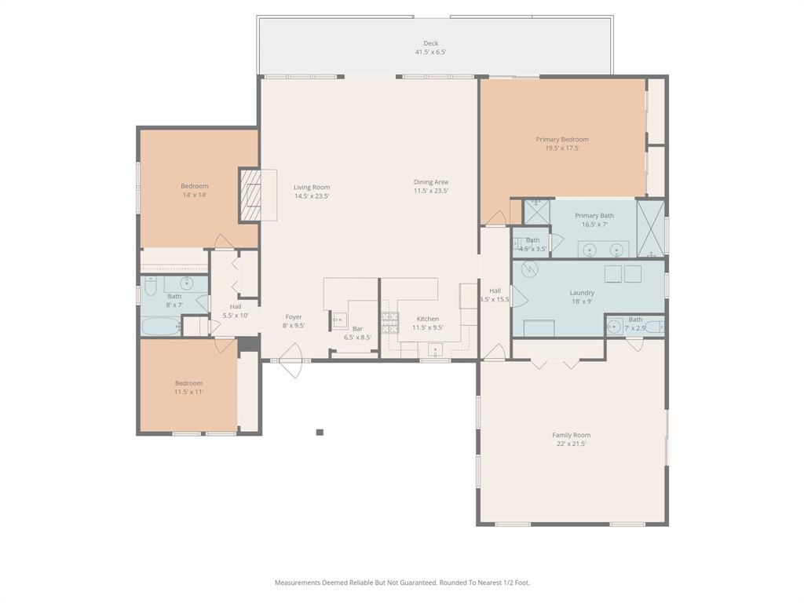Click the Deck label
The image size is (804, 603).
click(430, 44)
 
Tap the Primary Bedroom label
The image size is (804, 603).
click(562, 140)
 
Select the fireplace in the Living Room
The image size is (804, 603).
click(250, 194)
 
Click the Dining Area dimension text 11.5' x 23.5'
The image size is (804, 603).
click(430, 191)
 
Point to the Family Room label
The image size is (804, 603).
click(571, 435)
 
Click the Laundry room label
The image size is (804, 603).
click(582, 293)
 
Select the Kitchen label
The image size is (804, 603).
click(427, 319)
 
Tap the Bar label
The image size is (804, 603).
click(357, 328)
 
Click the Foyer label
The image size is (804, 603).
click(294, 317)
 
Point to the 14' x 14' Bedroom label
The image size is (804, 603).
click(195, 186)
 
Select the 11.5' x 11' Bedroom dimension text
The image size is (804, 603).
click(188, 392)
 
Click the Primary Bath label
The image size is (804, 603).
click(594, 215)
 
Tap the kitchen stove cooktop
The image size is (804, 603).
click(390, 323)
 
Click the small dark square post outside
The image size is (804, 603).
click(320, 432)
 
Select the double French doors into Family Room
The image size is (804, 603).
click(554, 364)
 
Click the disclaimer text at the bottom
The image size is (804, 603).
click(402, 583)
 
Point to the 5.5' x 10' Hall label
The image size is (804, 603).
click(236, 306)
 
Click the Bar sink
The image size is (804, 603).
click(340, 319)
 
